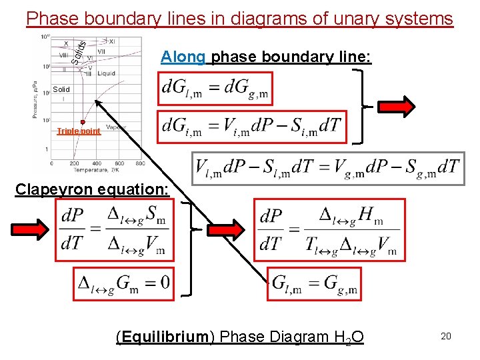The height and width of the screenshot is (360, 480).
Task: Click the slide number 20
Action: coord(446,336)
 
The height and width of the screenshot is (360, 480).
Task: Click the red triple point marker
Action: coord(83,122)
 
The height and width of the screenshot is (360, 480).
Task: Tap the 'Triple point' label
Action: coord(79,131)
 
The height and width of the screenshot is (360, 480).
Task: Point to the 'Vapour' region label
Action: coord(116,127)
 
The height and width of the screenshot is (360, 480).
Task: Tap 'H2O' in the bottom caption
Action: coord(349,337)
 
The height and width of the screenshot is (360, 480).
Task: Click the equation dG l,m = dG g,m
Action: coord(216,90)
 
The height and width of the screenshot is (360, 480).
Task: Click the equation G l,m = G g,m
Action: coord(315,284)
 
